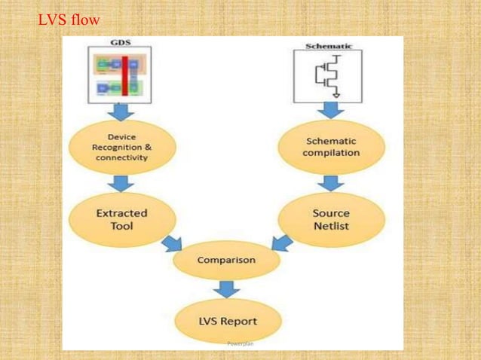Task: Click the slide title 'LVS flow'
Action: (x=69, y=20)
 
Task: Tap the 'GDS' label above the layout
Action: (x=120, y=42)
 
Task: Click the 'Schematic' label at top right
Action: (x=328, y=46)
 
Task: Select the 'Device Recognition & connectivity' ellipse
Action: (x=121, y=147)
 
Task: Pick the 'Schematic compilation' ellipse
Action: (x=331, y=147)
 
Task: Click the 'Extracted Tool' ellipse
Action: (x=121, y=219)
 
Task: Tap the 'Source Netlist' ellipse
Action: (x=331, y=219)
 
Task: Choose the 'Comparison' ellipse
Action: (x=226, y=261)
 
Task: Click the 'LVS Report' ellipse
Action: (x=227, y=320)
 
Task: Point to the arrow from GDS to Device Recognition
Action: (x=120, y=111)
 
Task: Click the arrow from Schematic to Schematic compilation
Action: (x=331, y=111)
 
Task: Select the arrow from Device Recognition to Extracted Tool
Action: (x=121, y=183)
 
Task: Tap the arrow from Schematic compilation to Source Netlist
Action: (x=331, y=183)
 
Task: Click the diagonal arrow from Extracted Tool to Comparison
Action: (x=172, y=243)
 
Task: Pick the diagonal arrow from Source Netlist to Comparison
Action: (x=282, y=243)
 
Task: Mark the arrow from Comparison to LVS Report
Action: (x=226, y=288)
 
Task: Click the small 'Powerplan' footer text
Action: (x=240, y=343)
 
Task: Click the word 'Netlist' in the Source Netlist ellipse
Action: (x=331, y=226)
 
